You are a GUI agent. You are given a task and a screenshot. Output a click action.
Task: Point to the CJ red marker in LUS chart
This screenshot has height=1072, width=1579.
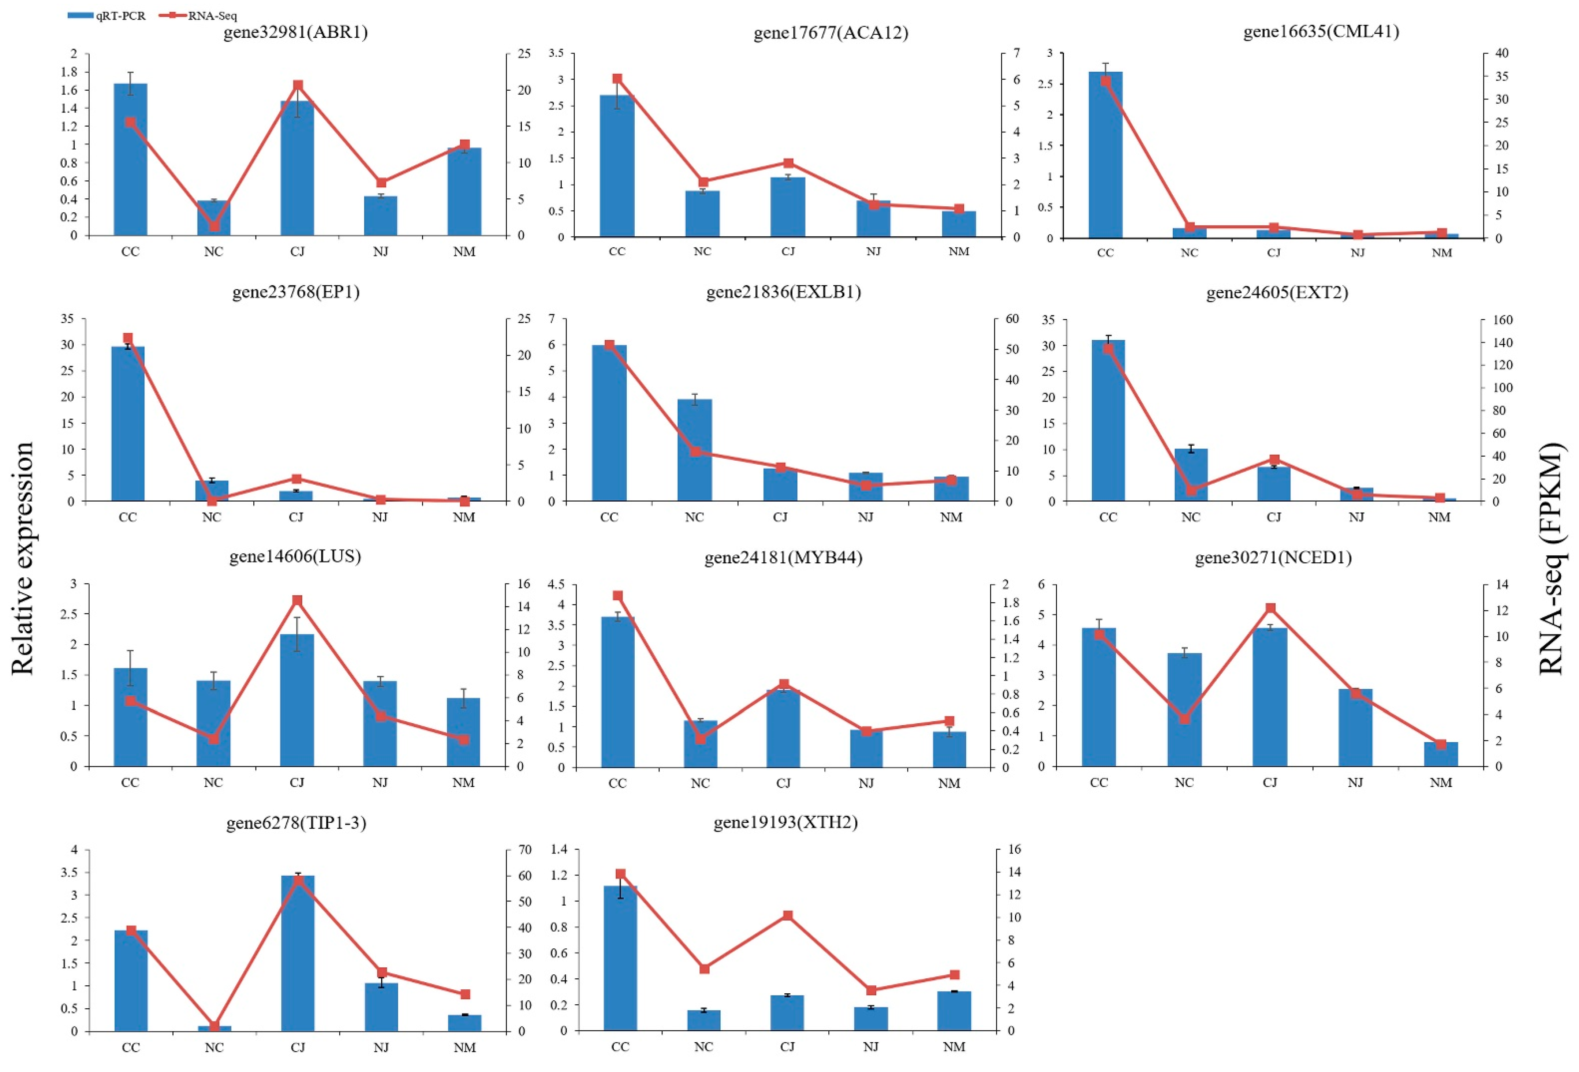[297, 600]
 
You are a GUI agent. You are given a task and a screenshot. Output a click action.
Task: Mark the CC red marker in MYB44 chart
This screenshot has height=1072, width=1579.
[617, 596]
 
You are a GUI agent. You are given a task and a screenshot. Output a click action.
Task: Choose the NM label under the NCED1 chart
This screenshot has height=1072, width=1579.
[1440, 783]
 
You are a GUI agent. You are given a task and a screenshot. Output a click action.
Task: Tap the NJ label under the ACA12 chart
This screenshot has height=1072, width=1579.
[873, 251]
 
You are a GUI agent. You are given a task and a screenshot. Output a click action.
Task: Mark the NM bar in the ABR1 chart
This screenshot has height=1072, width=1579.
[464, 192]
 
